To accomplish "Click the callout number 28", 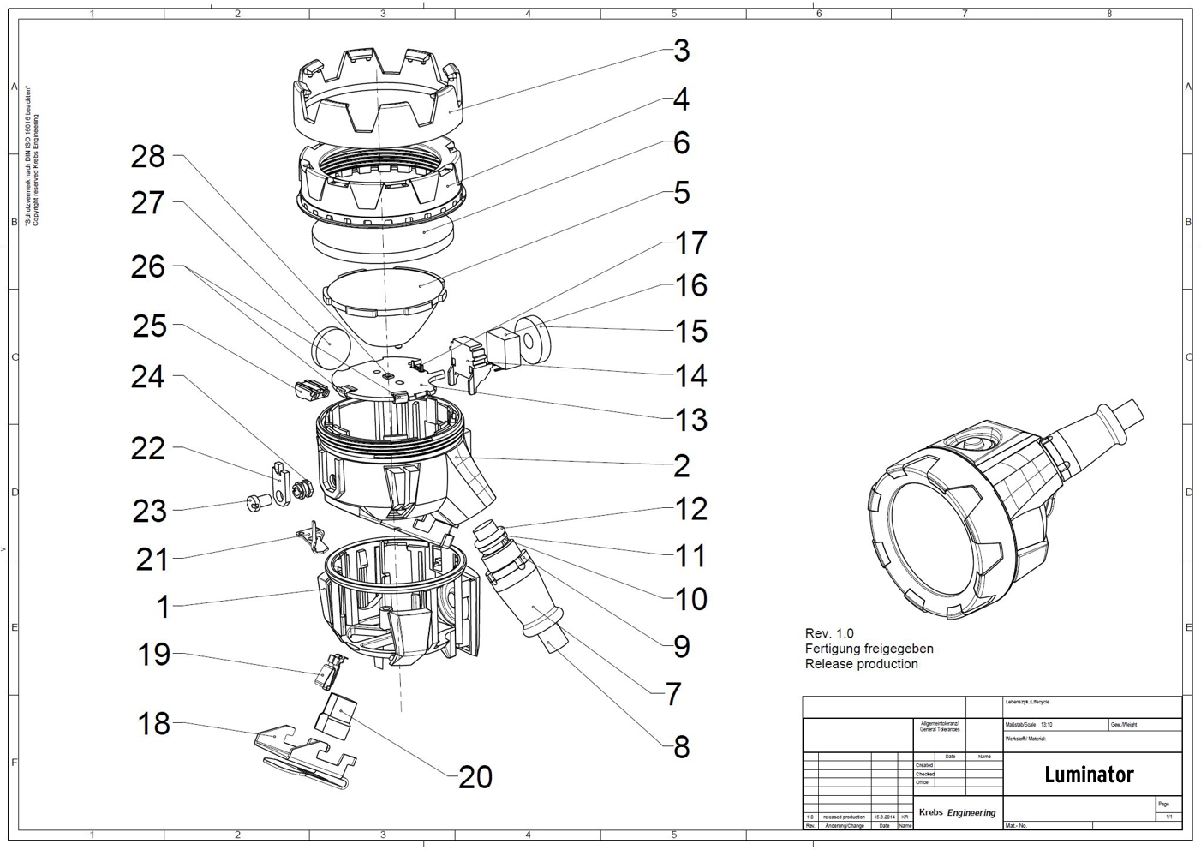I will tap(147, 156).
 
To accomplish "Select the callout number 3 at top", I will tap(681, 51).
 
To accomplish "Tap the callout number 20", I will tap(475, 776).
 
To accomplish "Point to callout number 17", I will tap(690, 243).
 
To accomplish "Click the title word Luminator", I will tap(1089, 775).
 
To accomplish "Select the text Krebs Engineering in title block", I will tap(957, 812).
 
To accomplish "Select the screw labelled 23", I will tap(254, 503).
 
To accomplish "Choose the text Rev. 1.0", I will tap(829, 633).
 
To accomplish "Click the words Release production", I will tap(861, 664).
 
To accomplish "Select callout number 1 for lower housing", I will tap(163, 607).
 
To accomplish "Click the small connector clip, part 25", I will tap(309, 388).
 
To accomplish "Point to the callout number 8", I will tap(681, 746).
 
